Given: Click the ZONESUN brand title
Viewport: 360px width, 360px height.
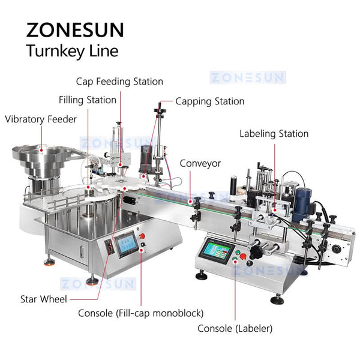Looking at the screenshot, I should click(75, 30).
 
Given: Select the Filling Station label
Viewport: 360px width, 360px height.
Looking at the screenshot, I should click(87, 100).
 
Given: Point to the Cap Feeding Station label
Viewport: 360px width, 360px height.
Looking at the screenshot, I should click(119, 81).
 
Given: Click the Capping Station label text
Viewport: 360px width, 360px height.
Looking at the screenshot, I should click(209, 101).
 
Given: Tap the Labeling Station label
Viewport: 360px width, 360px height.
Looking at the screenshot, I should click(274, 134).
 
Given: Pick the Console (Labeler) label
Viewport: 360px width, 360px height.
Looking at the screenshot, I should click(235, 328).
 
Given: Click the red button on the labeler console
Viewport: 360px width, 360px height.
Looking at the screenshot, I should click(242, 260).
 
